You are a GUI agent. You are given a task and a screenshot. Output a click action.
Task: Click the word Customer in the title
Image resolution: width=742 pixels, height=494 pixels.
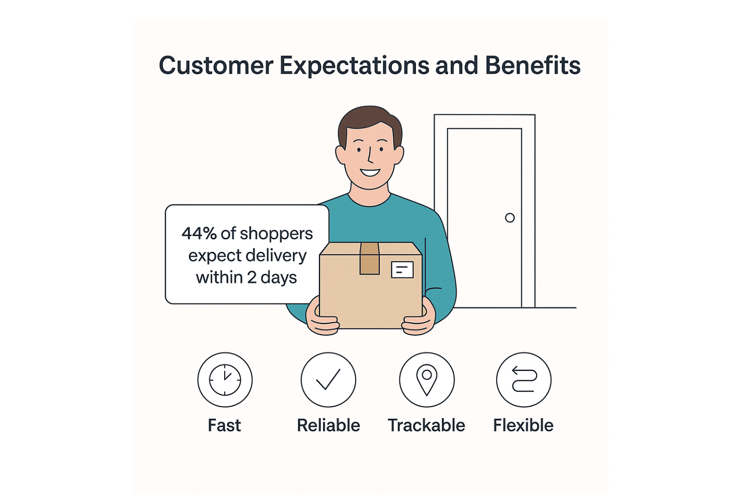(216, 66)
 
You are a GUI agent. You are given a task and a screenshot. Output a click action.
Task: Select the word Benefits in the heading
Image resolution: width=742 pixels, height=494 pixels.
(532, 66)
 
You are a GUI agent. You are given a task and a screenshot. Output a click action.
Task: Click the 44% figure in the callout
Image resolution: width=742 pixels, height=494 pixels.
(199, 233)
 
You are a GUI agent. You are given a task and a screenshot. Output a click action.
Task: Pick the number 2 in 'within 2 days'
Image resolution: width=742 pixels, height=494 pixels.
(252, 277)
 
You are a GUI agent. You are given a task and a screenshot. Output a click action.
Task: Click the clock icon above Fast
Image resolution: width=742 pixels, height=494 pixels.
(225, 380)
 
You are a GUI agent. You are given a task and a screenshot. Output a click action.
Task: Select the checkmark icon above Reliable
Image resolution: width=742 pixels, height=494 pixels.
(328, 380)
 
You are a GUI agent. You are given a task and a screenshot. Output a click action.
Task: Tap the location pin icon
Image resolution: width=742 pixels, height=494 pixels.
(427, 380)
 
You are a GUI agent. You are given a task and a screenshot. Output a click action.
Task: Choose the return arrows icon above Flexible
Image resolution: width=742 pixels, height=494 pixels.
(524, 380)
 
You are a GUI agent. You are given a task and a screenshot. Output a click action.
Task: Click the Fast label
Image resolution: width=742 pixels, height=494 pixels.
(224, 425)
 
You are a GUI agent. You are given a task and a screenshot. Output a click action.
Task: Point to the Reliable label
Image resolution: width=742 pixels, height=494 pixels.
(328, 425)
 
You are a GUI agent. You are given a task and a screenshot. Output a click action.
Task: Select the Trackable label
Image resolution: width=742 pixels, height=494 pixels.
(426, 425)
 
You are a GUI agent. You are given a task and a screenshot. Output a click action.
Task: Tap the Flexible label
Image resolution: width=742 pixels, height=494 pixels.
(523, 425)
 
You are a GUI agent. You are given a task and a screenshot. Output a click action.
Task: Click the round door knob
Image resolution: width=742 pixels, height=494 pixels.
(510, 218)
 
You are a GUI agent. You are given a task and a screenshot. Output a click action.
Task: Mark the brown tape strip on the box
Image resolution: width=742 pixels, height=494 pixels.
(370, 258)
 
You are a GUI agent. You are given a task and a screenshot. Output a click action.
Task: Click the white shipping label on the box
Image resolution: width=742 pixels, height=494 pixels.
(402, 270)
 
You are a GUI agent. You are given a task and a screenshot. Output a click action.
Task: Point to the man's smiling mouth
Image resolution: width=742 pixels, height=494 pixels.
(370, 172)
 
